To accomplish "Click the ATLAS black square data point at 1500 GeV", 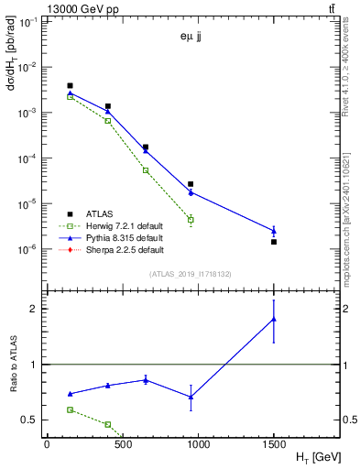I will (x=274, y=242).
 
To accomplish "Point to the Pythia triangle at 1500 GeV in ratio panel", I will (x=274, y=319).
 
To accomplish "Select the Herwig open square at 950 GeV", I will (x=191, y=220).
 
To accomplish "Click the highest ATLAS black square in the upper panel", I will (x=70, y=86).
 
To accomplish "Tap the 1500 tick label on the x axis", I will (x=274, y=444).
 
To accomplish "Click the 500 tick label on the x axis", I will (x=123, y=444).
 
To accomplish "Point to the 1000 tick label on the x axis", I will (x=198, y=444).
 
